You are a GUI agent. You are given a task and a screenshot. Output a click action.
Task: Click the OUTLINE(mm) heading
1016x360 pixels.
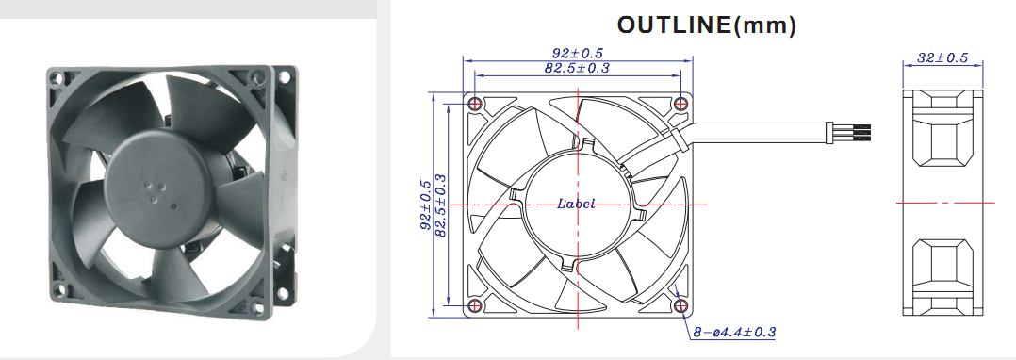(706, 25)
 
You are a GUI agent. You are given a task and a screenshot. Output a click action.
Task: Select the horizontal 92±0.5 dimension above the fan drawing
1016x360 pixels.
(578, 54)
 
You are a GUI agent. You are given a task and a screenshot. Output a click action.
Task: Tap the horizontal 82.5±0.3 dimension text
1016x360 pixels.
(577, 67)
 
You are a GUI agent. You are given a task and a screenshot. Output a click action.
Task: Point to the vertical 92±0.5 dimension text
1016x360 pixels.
(426, 205)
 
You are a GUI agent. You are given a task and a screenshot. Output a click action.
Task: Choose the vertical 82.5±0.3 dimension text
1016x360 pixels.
(441, 205)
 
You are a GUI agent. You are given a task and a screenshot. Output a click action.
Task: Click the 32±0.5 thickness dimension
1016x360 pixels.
(942, 57)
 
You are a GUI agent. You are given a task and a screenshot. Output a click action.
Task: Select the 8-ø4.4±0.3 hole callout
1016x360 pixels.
(734, 332)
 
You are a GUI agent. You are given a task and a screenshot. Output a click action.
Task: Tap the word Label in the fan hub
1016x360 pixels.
(576, 204)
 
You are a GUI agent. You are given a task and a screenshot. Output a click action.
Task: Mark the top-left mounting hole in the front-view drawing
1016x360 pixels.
(475, 104)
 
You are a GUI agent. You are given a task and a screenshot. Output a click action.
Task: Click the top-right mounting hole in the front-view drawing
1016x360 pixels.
(680, 104)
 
